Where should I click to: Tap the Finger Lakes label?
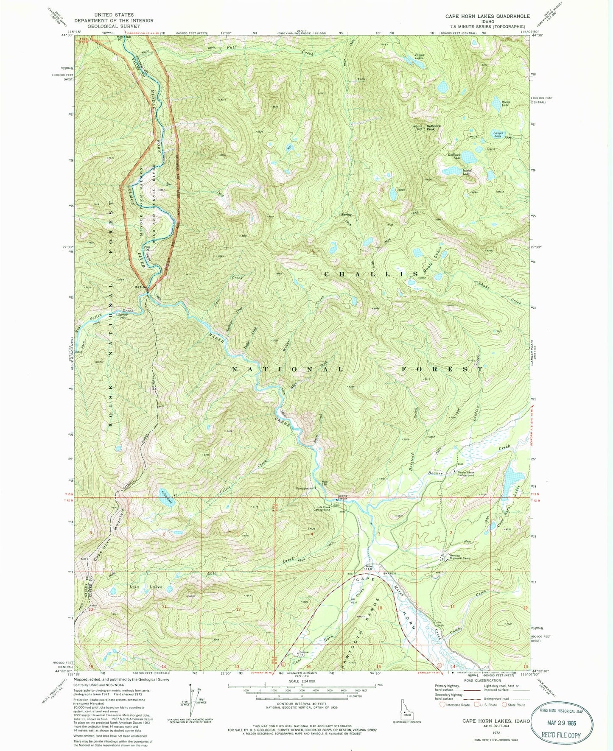[x=420, y=56]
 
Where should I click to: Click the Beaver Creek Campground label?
[x=465, y=473]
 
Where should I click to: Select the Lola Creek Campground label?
[x=323, y=508]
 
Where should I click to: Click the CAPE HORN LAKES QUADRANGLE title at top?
[x=487, y=16]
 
